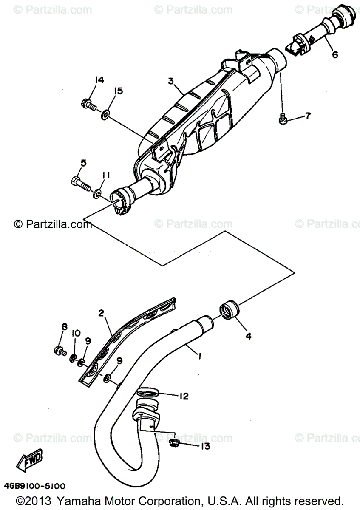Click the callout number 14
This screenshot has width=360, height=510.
99,80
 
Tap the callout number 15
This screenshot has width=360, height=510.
118,91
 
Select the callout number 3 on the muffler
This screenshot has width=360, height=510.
171,80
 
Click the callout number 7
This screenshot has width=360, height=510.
308,116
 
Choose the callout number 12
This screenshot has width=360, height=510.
184,396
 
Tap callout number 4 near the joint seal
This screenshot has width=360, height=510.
248,336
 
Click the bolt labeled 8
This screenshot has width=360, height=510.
60,351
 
